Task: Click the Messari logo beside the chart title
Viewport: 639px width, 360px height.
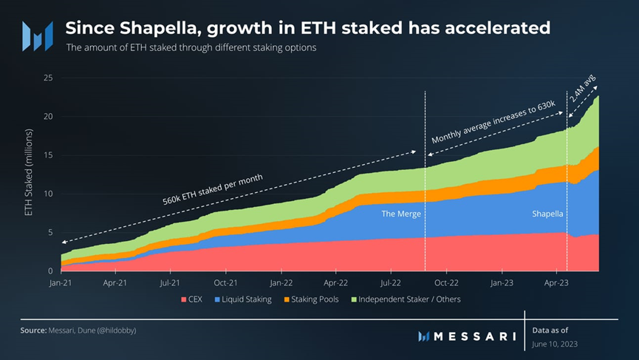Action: click(37, 35)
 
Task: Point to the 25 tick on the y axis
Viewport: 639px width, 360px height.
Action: click(48, 78)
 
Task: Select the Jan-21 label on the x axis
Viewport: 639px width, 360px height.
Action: click(61, 282)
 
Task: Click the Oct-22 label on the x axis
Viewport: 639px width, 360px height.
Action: click(447, 282)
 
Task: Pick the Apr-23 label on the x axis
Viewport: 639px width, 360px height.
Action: click(557, 282)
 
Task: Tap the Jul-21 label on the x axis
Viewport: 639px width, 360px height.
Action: click(171, 282)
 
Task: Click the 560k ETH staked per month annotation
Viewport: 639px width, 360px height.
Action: click(213, 189)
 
